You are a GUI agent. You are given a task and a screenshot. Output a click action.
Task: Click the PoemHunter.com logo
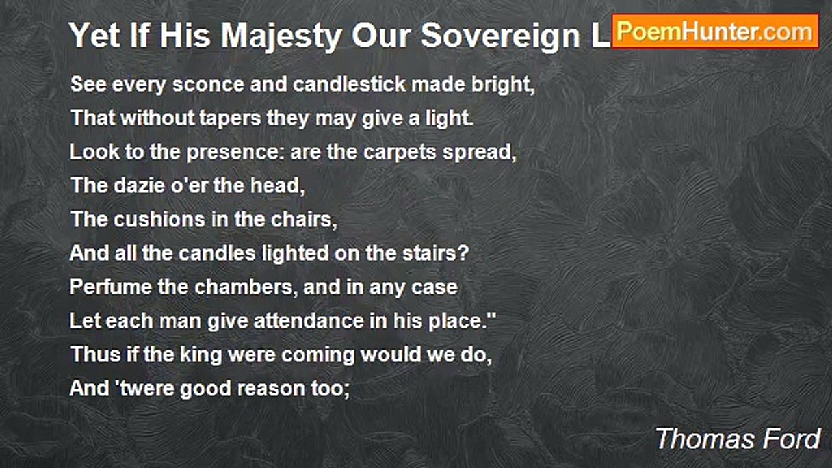(x=715, y=32)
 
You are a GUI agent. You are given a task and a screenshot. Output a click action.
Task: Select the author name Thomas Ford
(x=738, y=439)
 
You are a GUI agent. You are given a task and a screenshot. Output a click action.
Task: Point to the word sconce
(x=208, y=84)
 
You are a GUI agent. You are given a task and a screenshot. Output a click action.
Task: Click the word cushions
(x=159, y=219)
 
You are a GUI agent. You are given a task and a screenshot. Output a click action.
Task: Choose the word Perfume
(x=110, y=287)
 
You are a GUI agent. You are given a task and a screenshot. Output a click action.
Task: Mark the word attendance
(x=309, y=321)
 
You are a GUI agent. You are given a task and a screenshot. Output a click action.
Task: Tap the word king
(x=201, y=355)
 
